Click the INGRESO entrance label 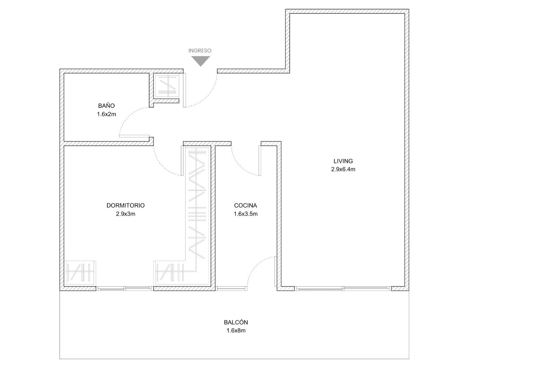pos(200,51)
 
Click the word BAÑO pos(106,105)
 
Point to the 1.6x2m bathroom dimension pos(106,114)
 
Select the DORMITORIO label pos(126,206)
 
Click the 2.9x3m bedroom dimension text pos(126,214)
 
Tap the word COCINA pos(245,206)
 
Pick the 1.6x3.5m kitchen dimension pos(246,214)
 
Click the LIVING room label pos(343,161)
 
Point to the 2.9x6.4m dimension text pos(343,169)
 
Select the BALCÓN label pos(236,322)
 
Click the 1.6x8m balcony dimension pos(236,331)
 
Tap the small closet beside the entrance pos(166,86)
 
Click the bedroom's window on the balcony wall pos(125,289)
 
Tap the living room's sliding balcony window pos(343,289)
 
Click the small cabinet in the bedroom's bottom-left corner pos(80,273)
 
